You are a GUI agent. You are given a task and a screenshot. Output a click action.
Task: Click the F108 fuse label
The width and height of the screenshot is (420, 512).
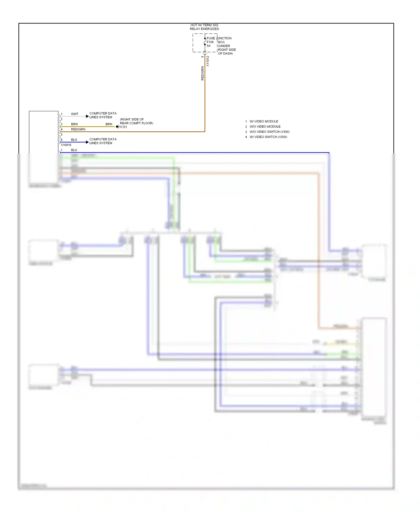pos(210,42)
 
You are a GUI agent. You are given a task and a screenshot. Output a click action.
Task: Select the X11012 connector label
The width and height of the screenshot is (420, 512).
pos(207,61)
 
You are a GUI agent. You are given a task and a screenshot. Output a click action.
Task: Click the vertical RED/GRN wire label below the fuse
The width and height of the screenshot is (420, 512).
pos(202,73)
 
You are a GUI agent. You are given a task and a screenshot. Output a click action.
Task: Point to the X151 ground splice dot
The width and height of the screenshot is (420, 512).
pos(117,127)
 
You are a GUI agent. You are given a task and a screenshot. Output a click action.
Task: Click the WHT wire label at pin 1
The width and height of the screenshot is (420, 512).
pos(74,114)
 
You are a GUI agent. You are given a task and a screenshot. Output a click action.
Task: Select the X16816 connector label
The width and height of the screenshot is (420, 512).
pos(66,145)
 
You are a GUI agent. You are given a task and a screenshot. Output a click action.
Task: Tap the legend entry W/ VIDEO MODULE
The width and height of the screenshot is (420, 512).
pos(264,121)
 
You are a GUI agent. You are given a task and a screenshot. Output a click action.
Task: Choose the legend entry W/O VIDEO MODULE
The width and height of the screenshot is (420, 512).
pos(265,127)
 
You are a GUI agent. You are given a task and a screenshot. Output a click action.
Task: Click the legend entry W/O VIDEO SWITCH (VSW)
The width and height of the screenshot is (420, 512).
pos(269,132)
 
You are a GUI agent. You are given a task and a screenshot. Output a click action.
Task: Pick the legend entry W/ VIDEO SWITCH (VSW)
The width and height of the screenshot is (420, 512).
pos(268,137)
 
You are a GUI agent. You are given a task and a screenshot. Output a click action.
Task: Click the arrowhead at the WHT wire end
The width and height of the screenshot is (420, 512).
pos(87,116)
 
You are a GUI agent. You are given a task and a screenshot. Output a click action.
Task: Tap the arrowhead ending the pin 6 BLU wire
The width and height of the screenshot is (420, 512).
pos(87,142)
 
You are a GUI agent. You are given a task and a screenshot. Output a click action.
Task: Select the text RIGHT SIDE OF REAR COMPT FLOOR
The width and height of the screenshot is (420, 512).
pos(136,121)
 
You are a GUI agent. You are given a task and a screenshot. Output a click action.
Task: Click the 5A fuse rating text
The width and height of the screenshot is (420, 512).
pos(209,46)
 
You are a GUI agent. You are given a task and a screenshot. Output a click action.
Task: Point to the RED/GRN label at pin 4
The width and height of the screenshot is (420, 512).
pos(78,129)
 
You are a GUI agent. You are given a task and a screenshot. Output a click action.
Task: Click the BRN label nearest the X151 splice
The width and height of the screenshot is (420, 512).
pos(109,124)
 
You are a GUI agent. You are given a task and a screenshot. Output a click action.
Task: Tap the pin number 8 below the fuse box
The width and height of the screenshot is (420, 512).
pos(202,57)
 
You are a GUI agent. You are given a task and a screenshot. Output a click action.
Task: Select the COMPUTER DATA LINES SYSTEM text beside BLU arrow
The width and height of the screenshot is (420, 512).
pos(103,141)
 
